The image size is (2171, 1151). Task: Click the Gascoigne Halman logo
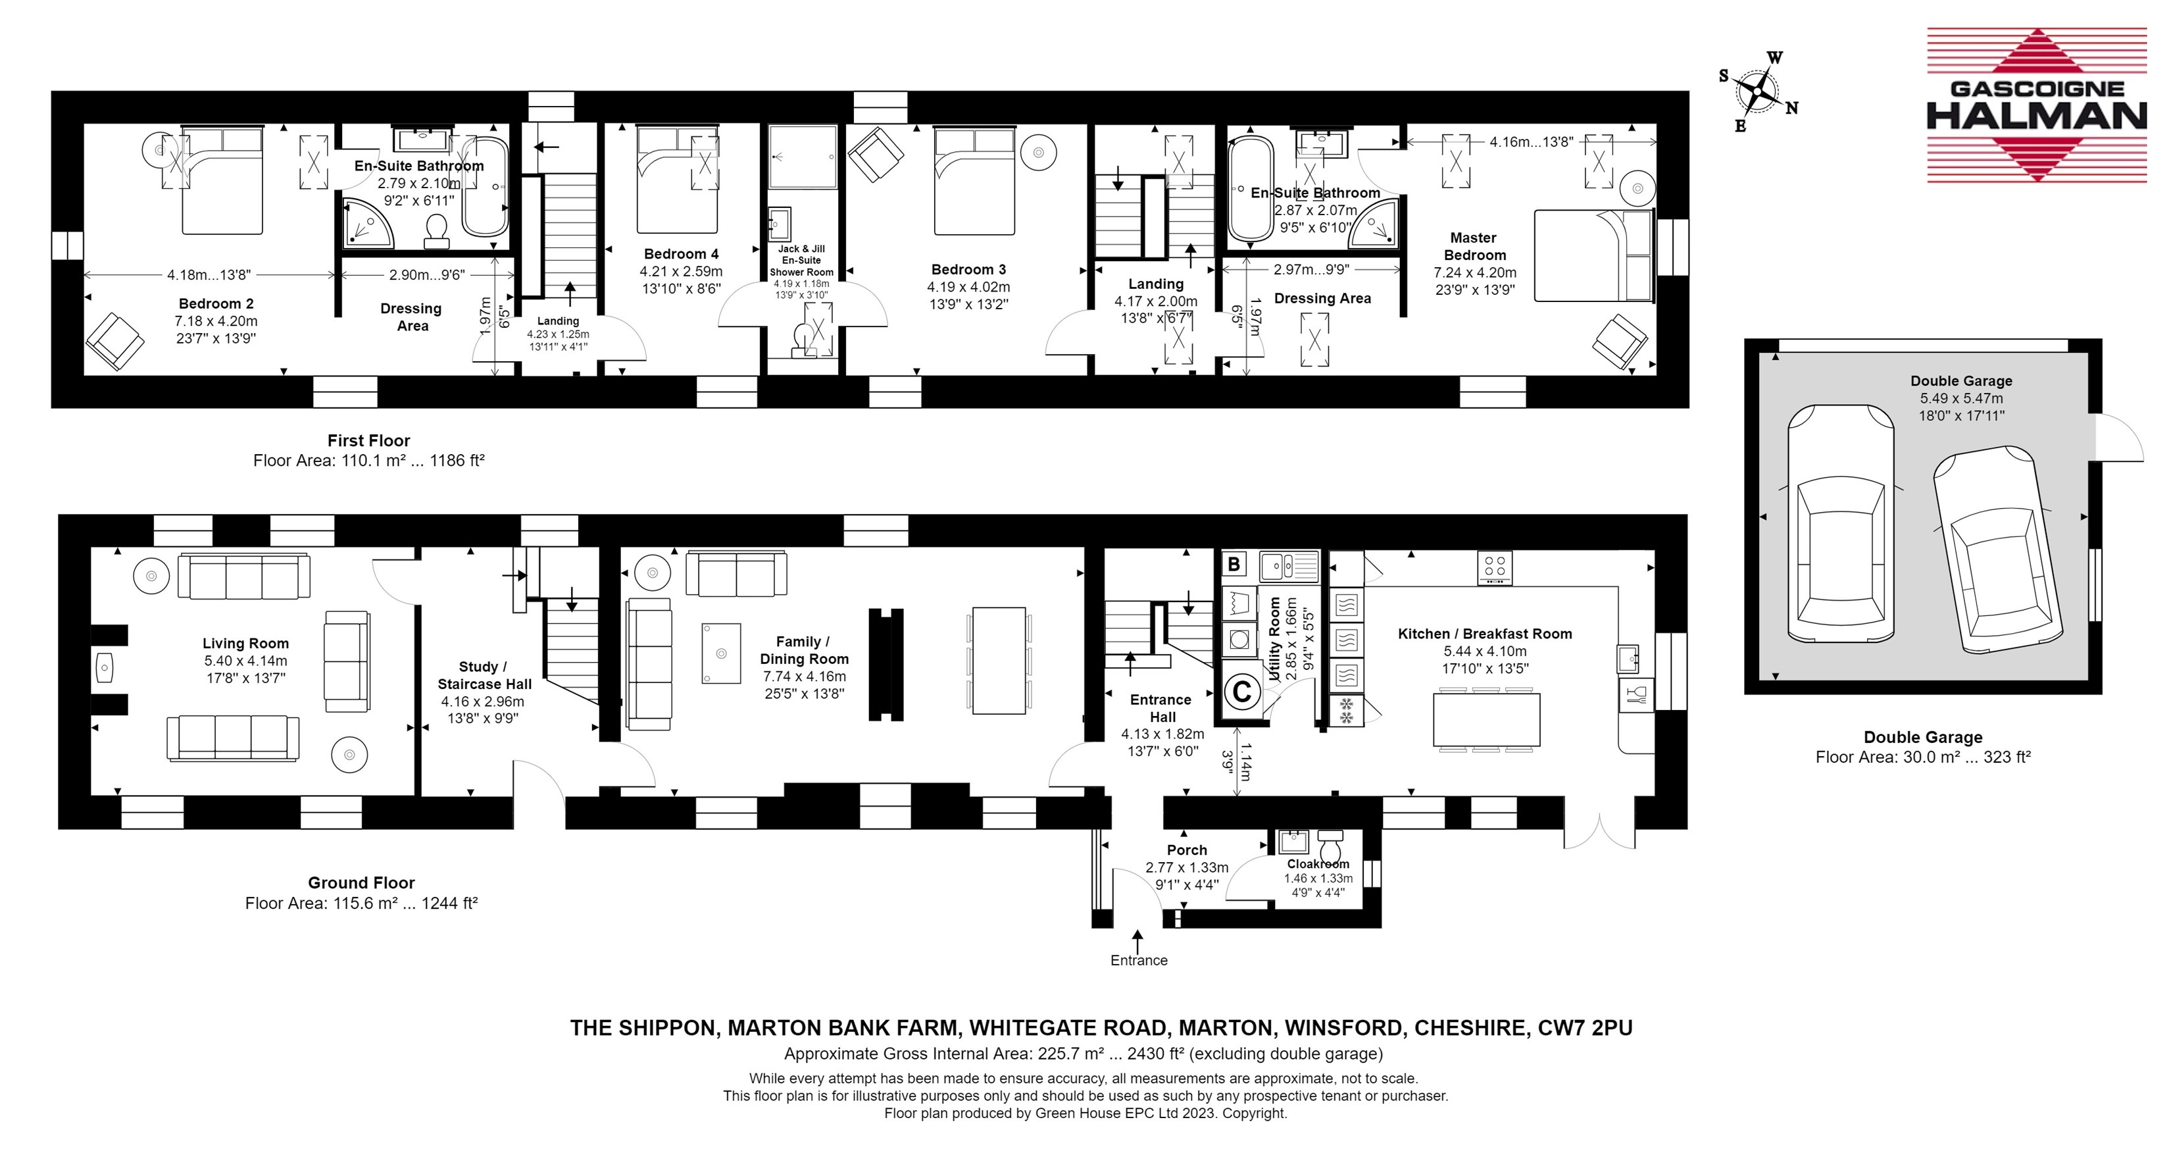[x=2036, y=105]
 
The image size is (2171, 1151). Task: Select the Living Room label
[x=245, y=644]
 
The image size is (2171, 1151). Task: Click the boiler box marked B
[x=1235, y=564]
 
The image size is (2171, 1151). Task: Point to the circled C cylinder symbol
[x=1241, y=692]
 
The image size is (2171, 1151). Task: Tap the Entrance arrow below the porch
[x=1137, y=941]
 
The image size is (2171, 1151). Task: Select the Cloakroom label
[x=1318, y=864]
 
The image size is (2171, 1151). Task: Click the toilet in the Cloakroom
[x=1331, y=843]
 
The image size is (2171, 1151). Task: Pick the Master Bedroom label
[x=1474, y=246]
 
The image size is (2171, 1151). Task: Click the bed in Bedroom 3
[x=974, y=180]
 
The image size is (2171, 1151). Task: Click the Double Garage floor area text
[x=1923, y=757]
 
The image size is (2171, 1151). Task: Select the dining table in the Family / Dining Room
[x=999, y=660]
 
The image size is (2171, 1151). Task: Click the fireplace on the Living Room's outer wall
[x=109, y=668]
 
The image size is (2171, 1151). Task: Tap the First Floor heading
[x=369, y=440]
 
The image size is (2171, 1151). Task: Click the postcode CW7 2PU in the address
[x=1585, y=1028]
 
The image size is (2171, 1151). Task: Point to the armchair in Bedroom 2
[x=114, y=342]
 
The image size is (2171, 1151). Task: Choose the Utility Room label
[x=1274, y=638]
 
